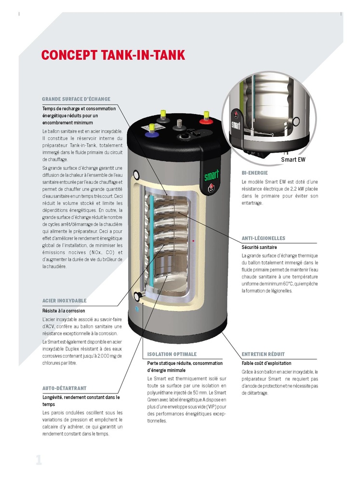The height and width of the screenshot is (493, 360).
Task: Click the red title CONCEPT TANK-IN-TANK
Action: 113,55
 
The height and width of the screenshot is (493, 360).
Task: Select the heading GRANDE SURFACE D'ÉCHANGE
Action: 76,99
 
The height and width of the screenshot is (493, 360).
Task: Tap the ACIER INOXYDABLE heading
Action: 64,301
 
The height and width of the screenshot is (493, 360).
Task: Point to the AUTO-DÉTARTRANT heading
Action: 65,388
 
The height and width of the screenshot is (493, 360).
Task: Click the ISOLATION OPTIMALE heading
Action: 172,354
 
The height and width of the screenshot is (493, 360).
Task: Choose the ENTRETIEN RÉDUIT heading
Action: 263,354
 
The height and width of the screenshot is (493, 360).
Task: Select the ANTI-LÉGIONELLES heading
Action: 263,238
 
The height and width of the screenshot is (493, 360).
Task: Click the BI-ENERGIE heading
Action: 254,172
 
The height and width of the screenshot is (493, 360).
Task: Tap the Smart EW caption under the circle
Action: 293,159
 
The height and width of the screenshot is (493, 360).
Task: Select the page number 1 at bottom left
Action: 39,460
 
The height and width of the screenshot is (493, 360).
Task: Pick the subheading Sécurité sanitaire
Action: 259,247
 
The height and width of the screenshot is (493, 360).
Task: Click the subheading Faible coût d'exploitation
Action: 266,363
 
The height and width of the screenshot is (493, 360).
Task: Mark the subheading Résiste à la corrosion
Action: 64,311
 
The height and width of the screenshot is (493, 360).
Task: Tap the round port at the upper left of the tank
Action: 136,174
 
